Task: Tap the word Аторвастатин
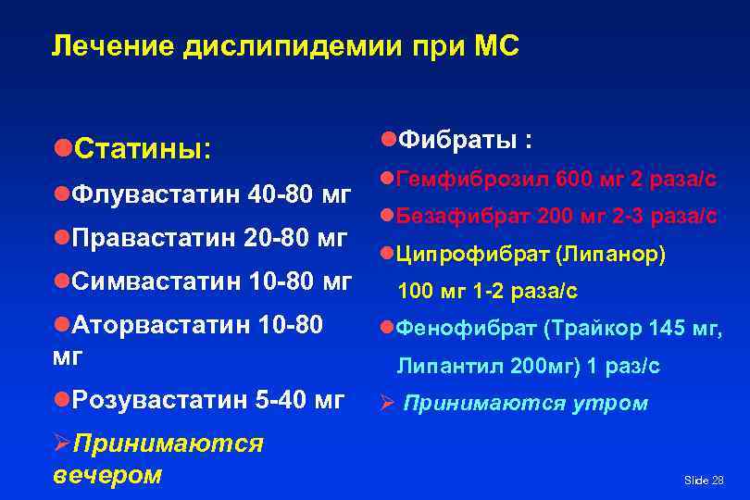[167, 324]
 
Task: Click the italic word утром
[615, 403]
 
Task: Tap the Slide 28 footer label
[703, 480]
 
